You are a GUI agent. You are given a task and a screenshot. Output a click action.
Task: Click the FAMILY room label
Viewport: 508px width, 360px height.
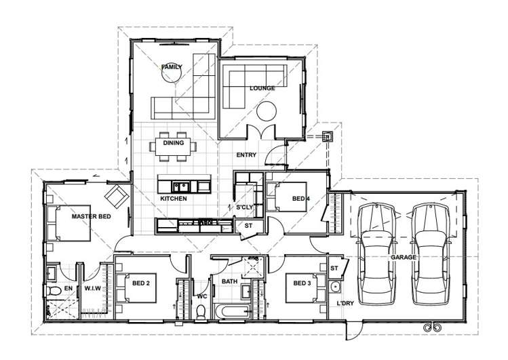point(172,66)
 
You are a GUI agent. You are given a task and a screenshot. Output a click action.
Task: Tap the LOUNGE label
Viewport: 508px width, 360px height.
point(261,88)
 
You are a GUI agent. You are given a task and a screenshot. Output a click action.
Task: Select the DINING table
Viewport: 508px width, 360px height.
point(174,146)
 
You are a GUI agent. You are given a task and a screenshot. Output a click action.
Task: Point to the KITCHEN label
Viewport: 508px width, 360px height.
point(173,199)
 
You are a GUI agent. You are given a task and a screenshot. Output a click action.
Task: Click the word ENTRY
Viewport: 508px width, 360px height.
point(246,155)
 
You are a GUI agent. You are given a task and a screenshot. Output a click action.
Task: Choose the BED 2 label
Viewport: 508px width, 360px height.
point(141,283)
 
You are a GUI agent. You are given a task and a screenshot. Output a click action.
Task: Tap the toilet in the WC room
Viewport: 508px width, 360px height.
point(201,311)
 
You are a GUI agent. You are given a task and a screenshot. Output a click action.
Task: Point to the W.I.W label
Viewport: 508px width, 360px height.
point(92,289)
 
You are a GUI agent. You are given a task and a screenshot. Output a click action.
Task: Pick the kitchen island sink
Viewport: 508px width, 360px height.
point(179,186)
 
